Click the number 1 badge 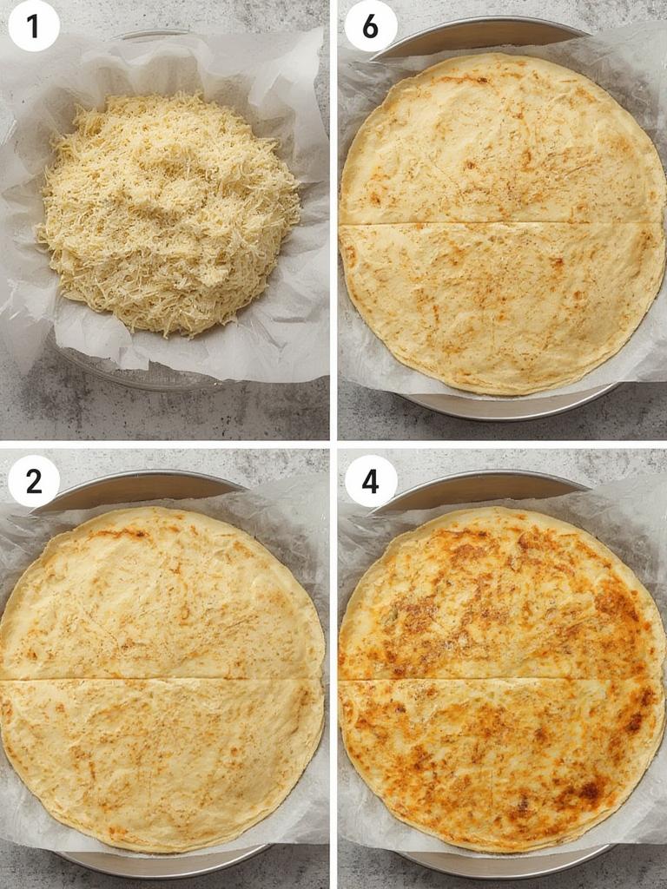click(34, 26)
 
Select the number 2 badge click(34, 481)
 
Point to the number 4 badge click(370, 481)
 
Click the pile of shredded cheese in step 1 click(169, 213)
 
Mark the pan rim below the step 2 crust click(165, 861)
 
